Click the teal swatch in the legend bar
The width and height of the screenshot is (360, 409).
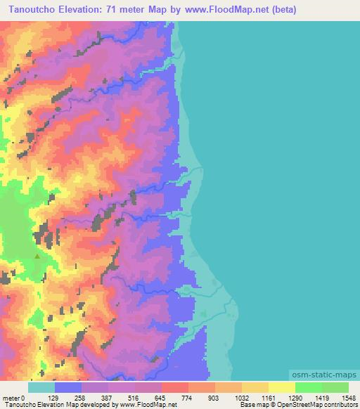[41, 387]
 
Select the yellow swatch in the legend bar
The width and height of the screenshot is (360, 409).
[282, 387]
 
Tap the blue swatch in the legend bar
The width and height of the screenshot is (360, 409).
[68, 387]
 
